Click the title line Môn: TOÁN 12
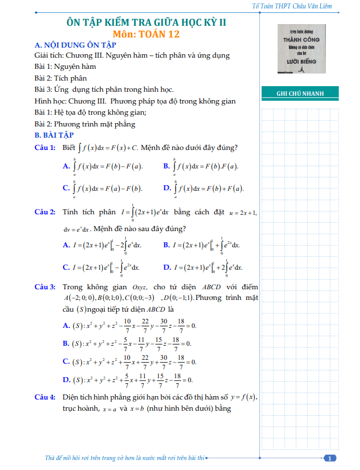[146, 34]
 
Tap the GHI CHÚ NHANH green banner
[300, 93]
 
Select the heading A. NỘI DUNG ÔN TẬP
[75, 45]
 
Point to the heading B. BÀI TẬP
[54, 135]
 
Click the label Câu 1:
[45, 148]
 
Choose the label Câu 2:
[45, 212]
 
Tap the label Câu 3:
[45, 287]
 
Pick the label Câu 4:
[45, 397]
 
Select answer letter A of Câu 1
[67, 166]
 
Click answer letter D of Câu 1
[167, 188]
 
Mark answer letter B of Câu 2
[167, 245]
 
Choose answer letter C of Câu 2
[67, 267]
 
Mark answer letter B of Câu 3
[67, 343]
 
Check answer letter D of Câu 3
[67, 380]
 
